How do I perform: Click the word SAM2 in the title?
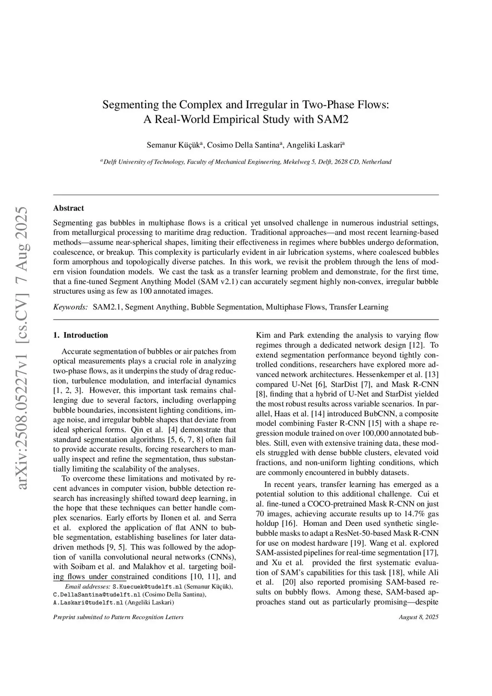coord(332,119)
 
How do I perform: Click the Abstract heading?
coord(68,208)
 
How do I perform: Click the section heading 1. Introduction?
coord(80,335)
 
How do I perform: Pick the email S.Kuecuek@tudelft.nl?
coord(148,587)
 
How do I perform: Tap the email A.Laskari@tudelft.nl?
coord(88,602)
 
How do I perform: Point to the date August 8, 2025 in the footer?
coord(418,617)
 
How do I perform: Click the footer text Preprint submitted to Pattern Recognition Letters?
coord(118,617)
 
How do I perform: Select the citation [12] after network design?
coord(416,345)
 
